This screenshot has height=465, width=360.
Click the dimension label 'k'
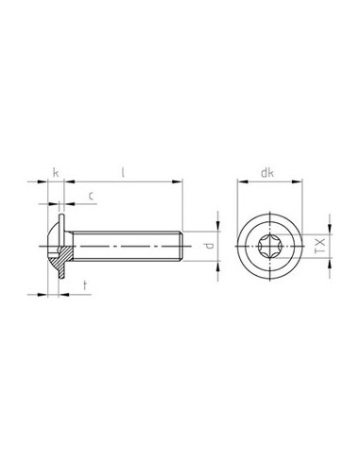pyautogui.click(x=57, y=173)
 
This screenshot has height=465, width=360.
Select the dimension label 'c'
pyautogui.click(x=90, y=197)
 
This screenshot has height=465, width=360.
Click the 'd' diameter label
pyautogui.click(x=210, y=248)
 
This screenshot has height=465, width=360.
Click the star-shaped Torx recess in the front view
pyautogui.click(x=268, y=248)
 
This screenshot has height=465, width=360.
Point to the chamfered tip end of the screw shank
pyautogui.click(x=180, y=248)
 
